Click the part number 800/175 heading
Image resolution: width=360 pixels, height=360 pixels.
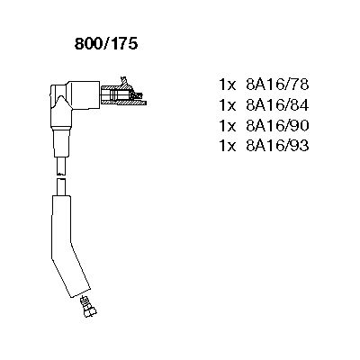tap(106, 44)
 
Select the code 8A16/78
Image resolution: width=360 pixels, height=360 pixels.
tap(277, 85)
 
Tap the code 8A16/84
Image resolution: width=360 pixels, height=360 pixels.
tap(277, 105)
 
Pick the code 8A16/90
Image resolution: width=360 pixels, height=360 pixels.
tap(277, 126)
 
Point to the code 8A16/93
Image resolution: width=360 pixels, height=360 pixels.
tap(277, 146)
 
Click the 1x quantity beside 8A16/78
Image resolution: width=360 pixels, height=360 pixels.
tap(228, 85)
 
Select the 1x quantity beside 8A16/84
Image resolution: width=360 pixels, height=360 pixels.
tap(228, 105)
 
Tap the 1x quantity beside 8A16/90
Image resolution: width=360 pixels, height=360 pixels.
tap(228, 126)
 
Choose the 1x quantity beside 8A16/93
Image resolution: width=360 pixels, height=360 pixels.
tap(228, 146)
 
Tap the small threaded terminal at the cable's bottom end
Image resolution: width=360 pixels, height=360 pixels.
tap(88, 307)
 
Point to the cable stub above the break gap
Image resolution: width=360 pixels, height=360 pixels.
tap(61, 166)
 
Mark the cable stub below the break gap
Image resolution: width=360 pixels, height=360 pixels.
tap(61, 187)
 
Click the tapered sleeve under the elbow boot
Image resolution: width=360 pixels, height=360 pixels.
tap(62, 141)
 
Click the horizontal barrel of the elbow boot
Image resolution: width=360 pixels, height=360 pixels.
tap(84, 94)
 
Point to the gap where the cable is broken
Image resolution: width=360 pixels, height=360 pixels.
tap(61, 176)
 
